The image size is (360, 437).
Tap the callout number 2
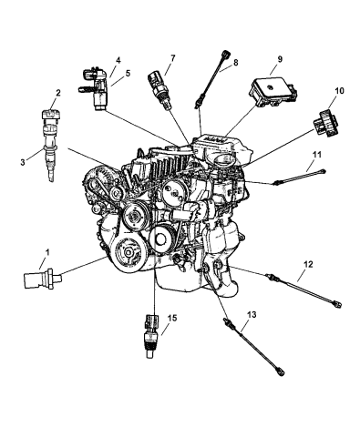click(57, 92)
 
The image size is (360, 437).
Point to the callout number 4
click(118, 61)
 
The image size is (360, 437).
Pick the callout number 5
click(128, 74)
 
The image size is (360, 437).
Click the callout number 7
click(170, 59)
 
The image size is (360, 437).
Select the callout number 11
click(318, 156)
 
